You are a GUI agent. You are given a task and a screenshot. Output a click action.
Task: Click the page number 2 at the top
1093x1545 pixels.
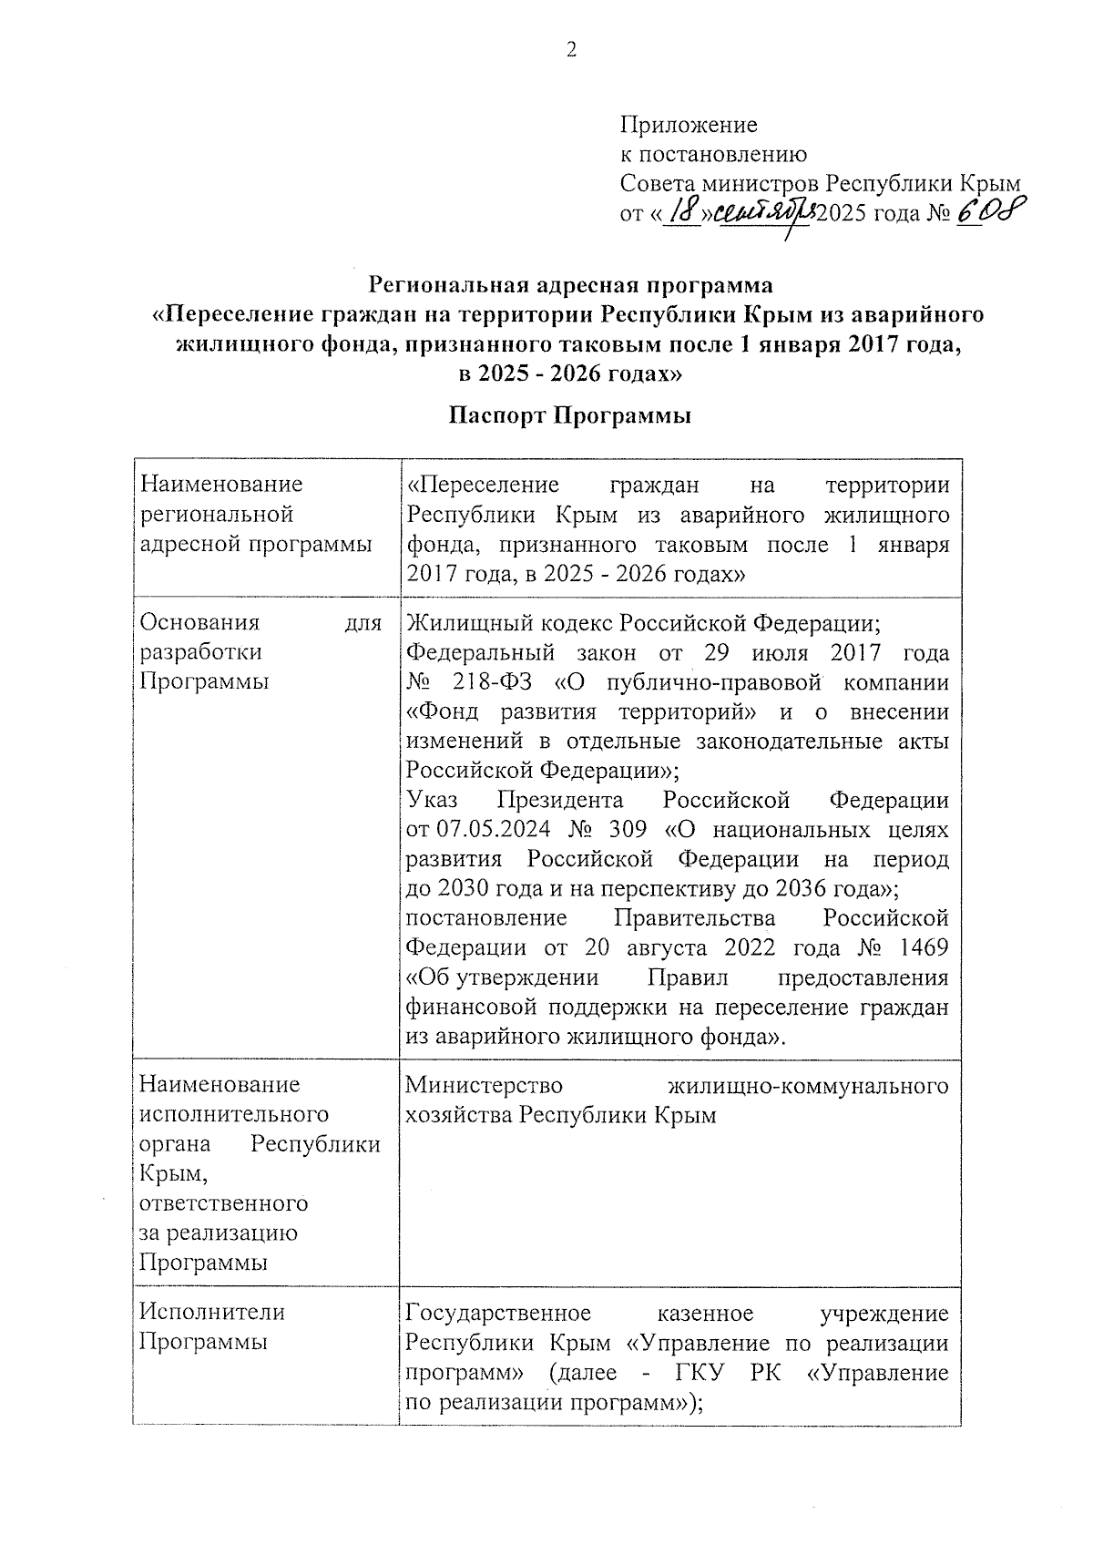point(571,50)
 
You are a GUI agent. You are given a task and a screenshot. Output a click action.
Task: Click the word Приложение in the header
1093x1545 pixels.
point(688,124)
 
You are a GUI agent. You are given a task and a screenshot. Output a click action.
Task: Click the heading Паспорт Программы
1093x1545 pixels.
point(570,416)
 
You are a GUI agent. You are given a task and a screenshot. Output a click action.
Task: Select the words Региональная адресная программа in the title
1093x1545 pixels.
point(570,285)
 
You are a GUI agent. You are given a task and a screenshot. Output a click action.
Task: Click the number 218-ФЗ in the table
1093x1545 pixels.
point(493,682)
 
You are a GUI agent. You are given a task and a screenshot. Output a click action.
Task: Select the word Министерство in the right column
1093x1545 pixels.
point(484,1085)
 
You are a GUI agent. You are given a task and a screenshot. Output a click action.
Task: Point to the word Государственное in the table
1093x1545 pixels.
point(498,1313)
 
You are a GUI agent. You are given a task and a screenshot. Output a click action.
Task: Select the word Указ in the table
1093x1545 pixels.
point(433,800)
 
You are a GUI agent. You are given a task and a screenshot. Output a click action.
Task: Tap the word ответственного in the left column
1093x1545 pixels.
point(223,1203)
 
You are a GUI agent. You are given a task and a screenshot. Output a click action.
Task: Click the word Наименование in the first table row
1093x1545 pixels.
point(220,484)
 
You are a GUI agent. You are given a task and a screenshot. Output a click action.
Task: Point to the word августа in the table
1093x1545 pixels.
point(667,947)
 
